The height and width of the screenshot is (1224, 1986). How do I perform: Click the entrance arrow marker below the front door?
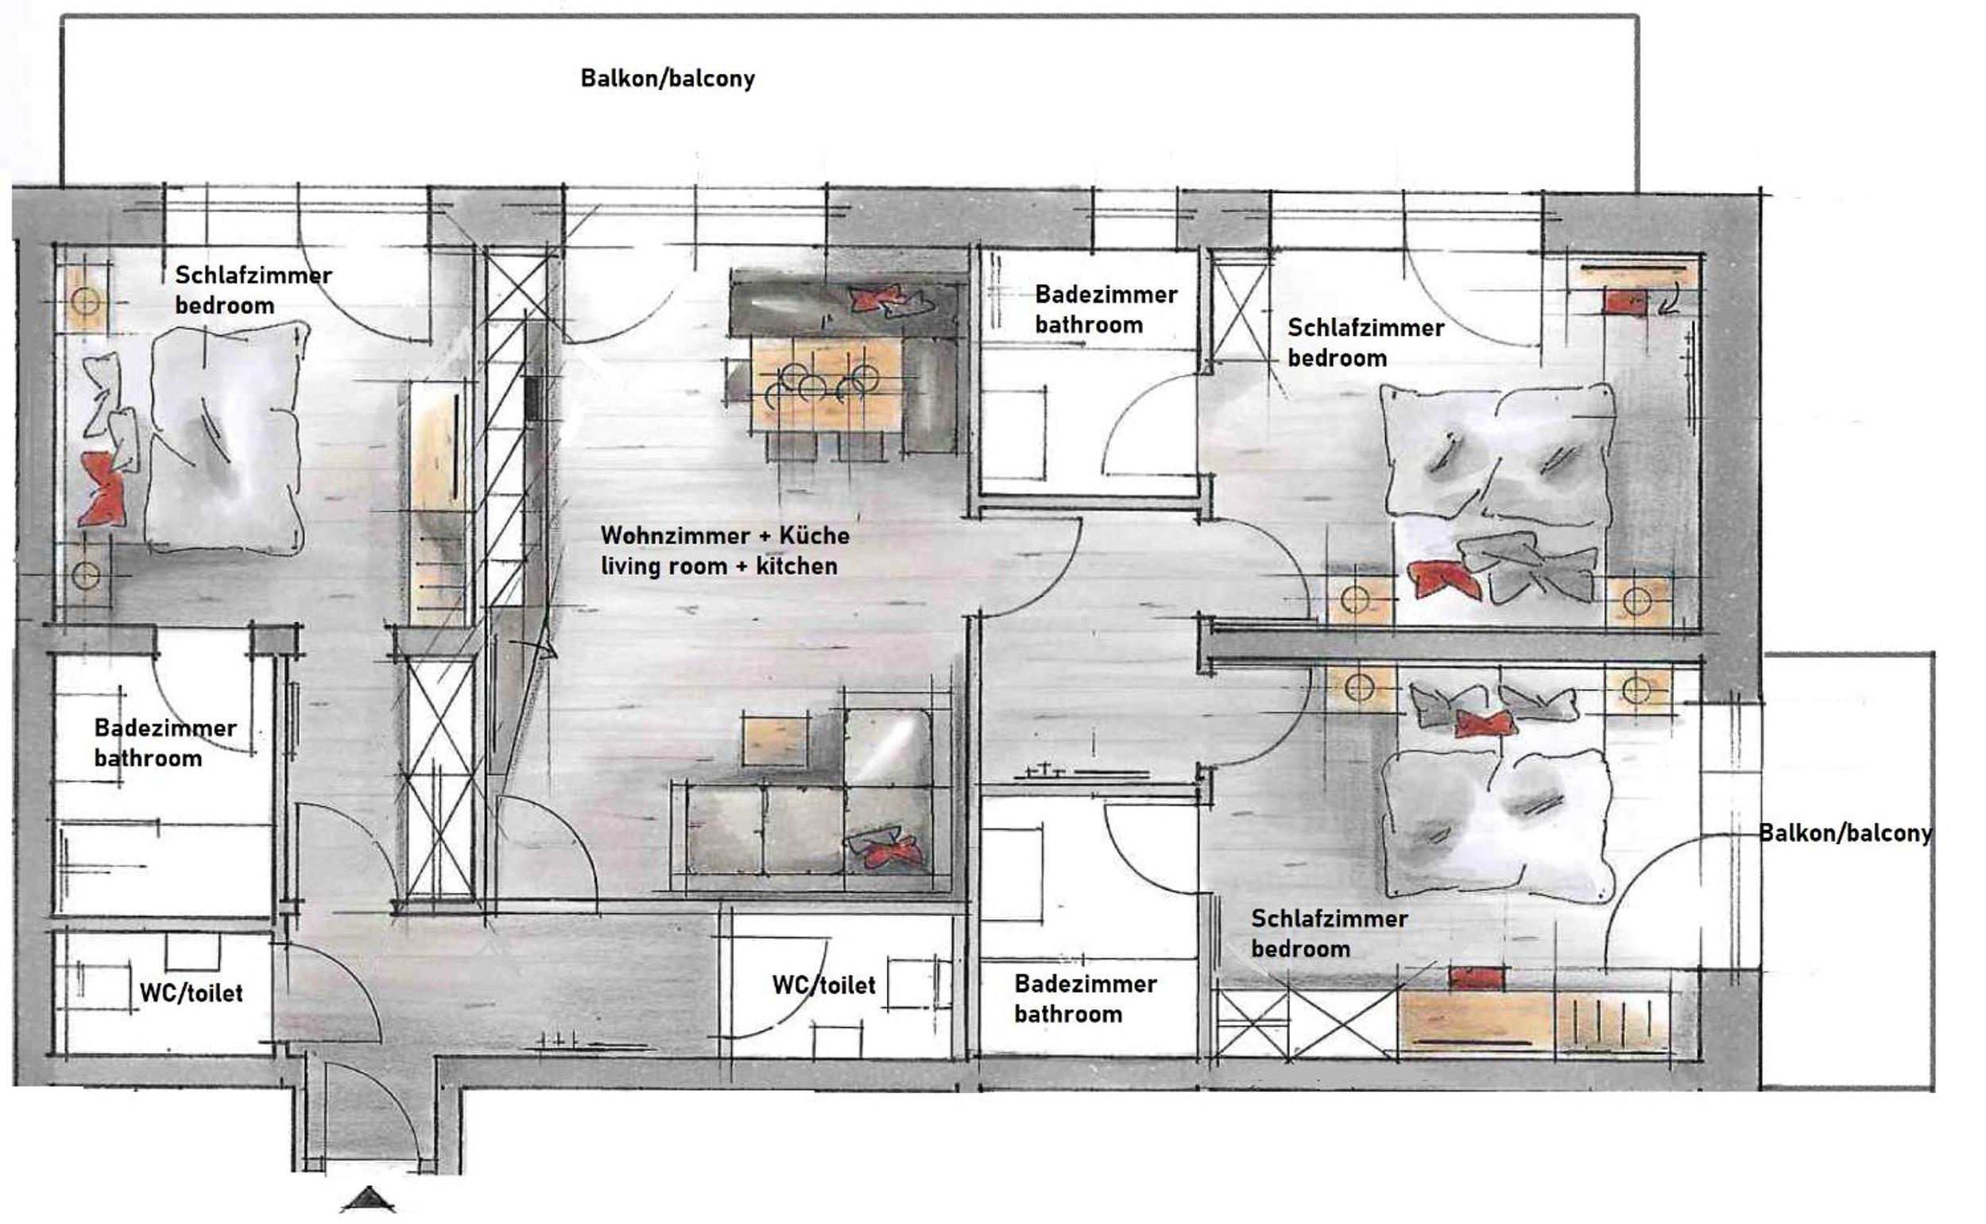[x=369, y=1199]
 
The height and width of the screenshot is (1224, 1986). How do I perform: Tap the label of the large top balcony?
[x=668, y=79]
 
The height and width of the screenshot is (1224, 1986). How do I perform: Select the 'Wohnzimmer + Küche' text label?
[x=725, y=535]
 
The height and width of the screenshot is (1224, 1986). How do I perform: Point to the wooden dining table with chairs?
[x=827, y=385]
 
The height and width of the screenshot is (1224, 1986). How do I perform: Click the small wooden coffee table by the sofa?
[x=775, y=741]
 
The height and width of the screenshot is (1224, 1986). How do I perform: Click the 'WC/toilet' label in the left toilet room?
[x=192, y=993]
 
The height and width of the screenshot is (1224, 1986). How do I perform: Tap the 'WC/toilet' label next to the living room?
[x=823, y=984]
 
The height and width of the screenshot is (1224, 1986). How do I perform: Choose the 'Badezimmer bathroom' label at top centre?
[x=1106, y=309]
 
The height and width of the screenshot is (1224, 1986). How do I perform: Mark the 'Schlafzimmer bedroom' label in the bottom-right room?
[x=1329, y=932]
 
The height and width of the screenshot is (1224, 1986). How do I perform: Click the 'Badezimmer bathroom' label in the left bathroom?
[x=165, y=743]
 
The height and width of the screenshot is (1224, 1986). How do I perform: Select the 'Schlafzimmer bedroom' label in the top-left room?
[x=254, y=290]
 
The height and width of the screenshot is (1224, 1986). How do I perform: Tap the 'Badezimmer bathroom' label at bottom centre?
[x=1086, y=998]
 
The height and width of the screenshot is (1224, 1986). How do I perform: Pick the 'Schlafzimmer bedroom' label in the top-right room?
[x=1365, y=342]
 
